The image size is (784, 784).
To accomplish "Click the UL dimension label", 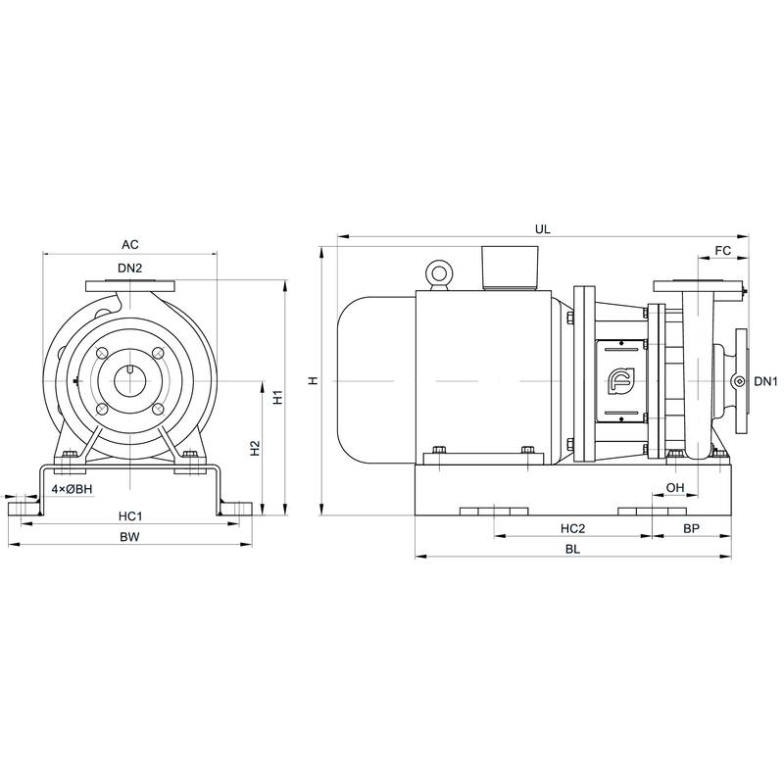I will click(x=543, y=227).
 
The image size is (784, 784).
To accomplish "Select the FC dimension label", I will click(x=723, y=251).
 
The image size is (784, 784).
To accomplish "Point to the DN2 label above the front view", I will click(x=131, y=269).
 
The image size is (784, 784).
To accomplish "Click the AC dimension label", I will click(x=129, y=245).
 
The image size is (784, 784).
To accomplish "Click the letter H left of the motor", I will click(x=313, y=381).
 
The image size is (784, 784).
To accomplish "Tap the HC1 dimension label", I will click(x=130, y=515).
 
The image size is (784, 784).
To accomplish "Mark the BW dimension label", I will click(x=129, y=537).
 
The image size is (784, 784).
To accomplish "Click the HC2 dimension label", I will click(x=573, y=528).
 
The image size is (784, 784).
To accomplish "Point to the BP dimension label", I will click(x=691, y=528).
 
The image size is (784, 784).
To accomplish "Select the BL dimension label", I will click(x=573, y=550).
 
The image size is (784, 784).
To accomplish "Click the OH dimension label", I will click(x=674, y=487).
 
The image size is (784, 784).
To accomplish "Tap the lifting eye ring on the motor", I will click(x=438, y=272).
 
